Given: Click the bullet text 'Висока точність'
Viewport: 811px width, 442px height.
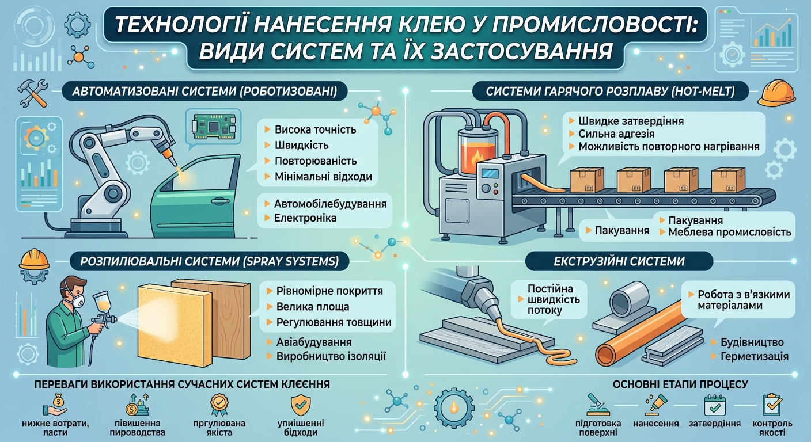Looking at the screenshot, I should pos(315,129).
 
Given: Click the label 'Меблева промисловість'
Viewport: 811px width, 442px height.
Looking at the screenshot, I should pos(729,233).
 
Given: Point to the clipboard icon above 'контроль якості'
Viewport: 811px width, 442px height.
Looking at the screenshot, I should pos(772,405).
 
